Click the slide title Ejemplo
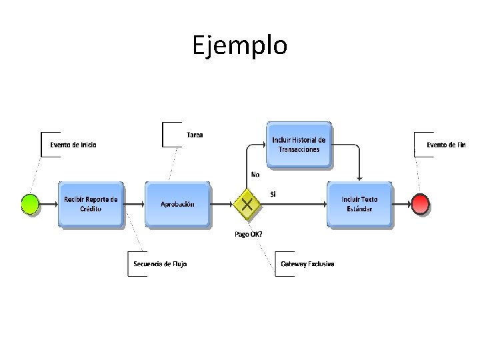coord(240,45)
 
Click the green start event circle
coord(31,203)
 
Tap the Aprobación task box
coord(177,203)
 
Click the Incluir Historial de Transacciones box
coord(299,145)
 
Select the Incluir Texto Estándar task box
coord(360,203)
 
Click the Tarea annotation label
coord(195,135)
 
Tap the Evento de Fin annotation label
coord(446,145)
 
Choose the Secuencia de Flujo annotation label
coord(160,264)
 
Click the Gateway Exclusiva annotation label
coord(307,264)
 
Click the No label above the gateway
coord(255,174)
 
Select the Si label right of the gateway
coord(273,194)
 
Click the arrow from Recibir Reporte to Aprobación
coord(134,203)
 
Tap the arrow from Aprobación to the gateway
coord(222,203)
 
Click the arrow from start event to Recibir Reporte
coord(49,203)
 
